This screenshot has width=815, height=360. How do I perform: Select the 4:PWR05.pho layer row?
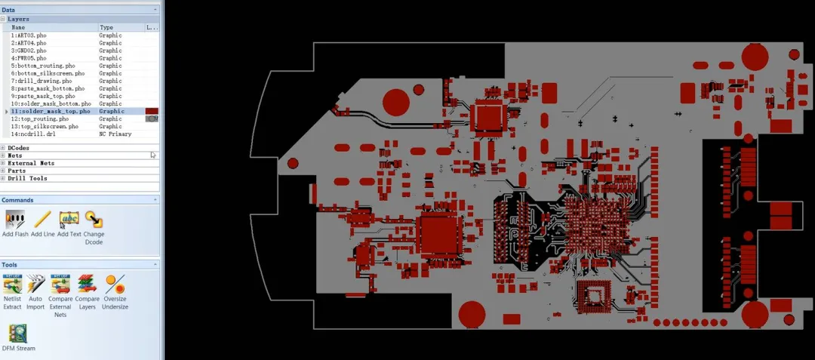coord(29,58)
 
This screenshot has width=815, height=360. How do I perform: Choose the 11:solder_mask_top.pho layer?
coord(50,111)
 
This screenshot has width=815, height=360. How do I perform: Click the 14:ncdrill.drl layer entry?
coord(33,134)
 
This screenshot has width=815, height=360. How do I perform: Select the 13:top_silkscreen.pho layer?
coord(45,126)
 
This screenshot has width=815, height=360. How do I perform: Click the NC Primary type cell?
coord(115,134)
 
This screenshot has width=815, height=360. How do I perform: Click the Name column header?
coord(18,27)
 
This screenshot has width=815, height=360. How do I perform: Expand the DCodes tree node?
coord(4,148)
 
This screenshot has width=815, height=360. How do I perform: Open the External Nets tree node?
coord(4,163)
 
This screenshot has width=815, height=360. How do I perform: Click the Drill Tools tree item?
coord(27,178)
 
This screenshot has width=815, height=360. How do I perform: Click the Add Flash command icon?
coord(15,220)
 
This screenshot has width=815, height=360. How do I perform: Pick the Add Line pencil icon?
coord(42,220)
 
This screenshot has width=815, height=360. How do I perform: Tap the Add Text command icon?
coord(69,220)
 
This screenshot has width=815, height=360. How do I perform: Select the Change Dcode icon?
coord(94,220)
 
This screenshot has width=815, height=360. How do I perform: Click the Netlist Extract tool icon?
coord(13,285)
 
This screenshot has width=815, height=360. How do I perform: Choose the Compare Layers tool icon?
coord(87,285)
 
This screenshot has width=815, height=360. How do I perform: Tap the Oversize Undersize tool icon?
coord(115,285)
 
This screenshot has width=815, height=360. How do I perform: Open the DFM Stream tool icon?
coord(18,334)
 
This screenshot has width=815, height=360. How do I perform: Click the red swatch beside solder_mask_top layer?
coord(152,111)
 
